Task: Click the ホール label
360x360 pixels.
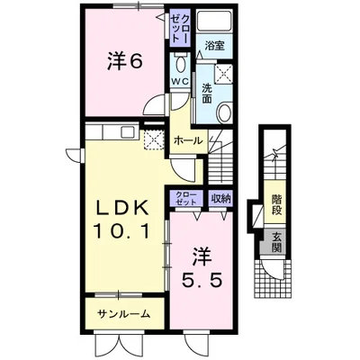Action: tap(186, 141)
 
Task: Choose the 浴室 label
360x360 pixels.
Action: tap(213, 46)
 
